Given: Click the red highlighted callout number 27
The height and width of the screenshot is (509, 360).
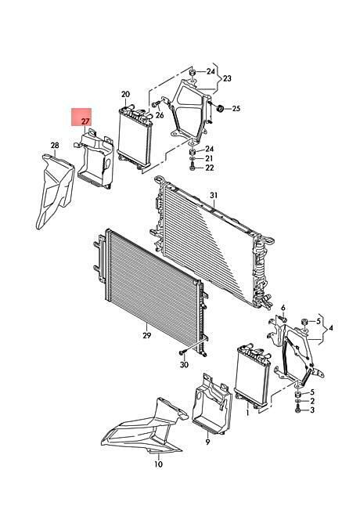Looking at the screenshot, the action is click(x=85, y=121).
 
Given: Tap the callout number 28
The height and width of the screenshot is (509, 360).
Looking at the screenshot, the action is click(x=55, y=145).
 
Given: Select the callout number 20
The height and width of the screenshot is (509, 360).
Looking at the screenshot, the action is click(x=125, y=95).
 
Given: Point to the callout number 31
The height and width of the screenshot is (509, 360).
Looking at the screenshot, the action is click(x=214, y=196).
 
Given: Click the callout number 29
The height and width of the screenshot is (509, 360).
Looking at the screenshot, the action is click(x=147, y=335).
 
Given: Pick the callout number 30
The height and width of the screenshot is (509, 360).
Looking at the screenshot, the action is click(x=184, y=365).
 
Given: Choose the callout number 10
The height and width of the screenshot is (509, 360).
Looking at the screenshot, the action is click(x=158, y=464).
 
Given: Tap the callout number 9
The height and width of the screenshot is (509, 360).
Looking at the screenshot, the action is click(x=207, y=442).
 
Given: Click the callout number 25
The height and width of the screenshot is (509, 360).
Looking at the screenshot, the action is click(x=236, y=108).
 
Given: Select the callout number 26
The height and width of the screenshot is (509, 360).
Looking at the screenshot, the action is click(x=160, y=115).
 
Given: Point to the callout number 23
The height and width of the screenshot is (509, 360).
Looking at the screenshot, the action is click(x=227, y=78).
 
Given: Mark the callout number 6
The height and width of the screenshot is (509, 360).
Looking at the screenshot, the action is click(x=283, y=308).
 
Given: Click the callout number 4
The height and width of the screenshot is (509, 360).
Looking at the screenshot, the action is click(x=330, y=328).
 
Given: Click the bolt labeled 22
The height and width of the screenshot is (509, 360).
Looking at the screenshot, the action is click(x=192, y=168).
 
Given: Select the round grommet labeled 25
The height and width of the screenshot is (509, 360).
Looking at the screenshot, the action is click(x=220, y=108).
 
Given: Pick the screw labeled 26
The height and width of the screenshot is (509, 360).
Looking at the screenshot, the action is click(x=155, y=104).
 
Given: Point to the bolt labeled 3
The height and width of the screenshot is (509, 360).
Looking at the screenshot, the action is click(x=297, y=410).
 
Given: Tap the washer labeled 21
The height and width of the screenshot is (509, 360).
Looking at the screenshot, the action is click(x=192, y=159).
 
